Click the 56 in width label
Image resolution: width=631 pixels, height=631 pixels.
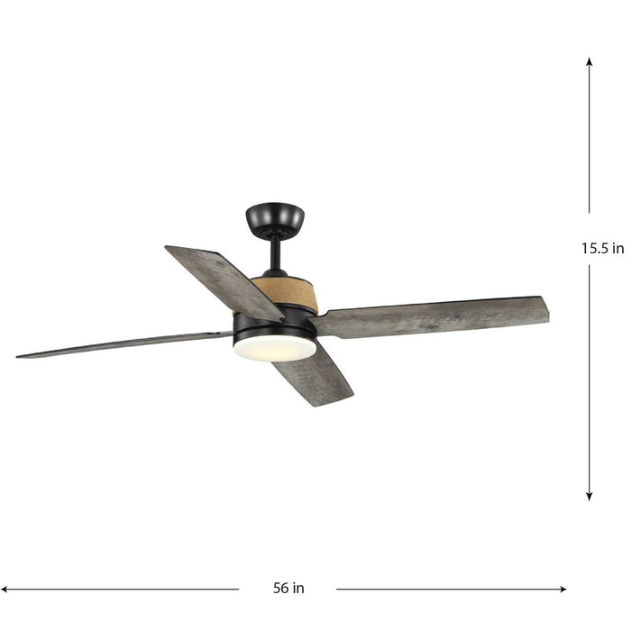(x=288, y=588)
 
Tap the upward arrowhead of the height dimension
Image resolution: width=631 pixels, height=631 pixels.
(x=590, y=63)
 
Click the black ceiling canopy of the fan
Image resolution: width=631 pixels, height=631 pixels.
(x=275, y=217)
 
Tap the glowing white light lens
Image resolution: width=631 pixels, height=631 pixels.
(x=275, y=349)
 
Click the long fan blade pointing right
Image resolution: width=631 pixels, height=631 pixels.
(x=433, y=316)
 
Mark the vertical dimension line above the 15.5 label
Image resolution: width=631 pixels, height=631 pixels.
(x=590, y=144)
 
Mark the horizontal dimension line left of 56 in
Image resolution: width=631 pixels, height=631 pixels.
(x=126, y=589)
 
